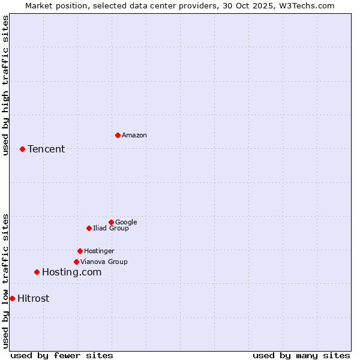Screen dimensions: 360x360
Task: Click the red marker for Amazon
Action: (x=118, y=135)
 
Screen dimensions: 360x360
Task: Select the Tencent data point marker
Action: (x=22, y=149)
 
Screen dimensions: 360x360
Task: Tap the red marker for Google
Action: (x=111, y=222)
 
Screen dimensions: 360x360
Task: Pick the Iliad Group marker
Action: (x=89, y=228)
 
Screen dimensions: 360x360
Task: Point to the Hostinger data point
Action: (x=80, y=251)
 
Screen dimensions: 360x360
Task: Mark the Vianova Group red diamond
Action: (x=76, y=262)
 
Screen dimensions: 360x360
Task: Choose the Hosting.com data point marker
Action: (x=37, y=272)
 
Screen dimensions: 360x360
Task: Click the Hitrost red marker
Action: (x=12, y=298)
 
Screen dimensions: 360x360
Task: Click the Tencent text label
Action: (x=46, y=149)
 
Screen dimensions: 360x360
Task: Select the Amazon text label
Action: (x=134, y=135)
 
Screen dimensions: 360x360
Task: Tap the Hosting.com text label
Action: (x=71, y=272)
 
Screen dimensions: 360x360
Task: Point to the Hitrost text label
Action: (x=34, y=298)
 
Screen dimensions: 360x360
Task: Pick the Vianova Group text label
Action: (x=104, y=262)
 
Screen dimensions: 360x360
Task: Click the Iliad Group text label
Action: (x=111, y=228)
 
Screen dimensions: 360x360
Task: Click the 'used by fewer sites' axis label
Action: (x=62, y=355)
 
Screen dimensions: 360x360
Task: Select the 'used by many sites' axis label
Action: (x=301, y=355)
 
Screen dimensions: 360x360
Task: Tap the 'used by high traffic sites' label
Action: (x=5, y=85)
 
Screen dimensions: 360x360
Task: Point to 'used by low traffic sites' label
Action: (x=5, y=281)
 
